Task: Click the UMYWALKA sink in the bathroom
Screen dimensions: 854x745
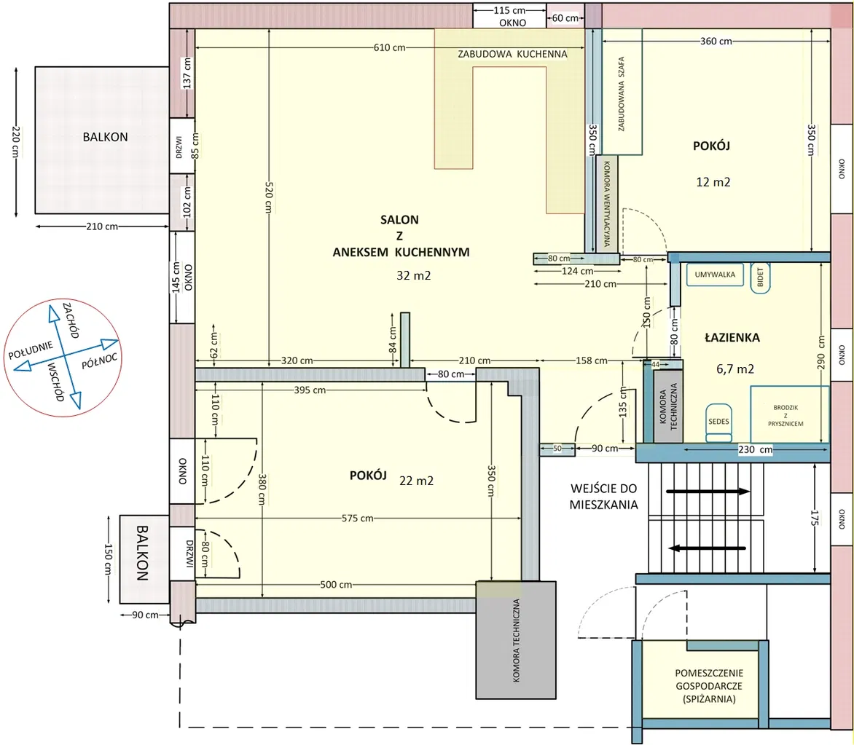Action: click(x=715, y=275)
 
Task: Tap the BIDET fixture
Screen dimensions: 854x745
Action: click(x=760, y=278)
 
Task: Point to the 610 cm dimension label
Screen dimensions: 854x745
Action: click(x=389, y=48)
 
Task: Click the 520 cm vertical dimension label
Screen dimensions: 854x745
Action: click(x=269, y=197)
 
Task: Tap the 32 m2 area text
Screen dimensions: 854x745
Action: click(x=413, y=276)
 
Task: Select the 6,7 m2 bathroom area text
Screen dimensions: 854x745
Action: click(x=735, y=369)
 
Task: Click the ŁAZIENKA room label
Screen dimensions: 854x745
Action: click(x=732, y=338)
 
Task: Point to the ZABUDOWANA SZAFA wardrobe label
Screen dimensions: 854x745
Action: click(x=622, y=94)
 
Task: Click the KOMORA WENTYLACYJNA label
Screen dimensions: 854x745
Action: click(x=607, y=203)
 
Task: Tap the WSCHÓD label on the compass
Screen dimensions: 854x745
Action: click(x=56, y=382)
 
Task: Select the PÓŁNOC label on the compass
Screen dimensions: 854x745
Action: click(x=99, y=360)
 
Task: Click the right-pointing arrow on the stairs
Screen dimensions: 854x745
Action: click(x=708, y=492)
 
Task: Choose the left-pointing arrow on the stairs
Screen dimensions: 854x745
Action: click(x=708, y=548)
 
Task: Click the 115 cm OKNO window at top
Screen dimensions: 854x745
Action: click(x=509, y=16)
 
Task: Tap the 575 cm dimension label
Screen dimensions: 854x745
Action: click(x=357, y=519)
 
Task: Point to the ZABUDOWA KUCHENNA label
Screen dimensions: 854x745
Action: click(x=512, y=55)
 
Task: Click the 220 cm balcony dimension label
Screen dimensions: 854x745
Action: click(x=16, y=142)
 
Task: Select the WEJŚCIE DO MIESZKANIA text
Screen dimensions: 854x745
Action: click(x=603, y=497)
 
